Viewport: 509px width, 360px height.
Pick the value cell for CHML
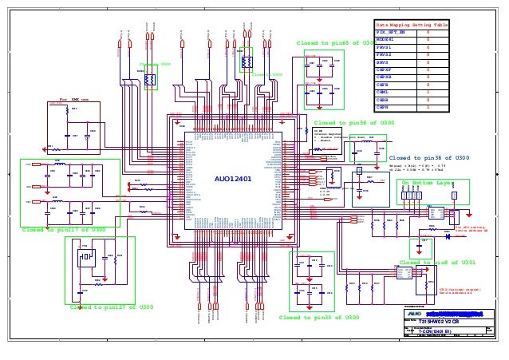(428, 92)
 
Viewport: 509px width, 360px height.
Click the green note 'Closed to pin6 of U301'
(437, 262)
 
